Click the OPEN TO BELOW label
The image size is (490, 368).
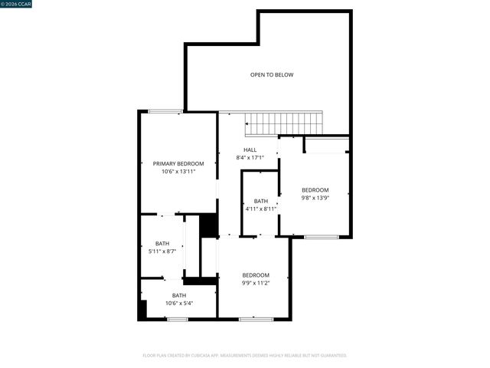[x=272, y=74]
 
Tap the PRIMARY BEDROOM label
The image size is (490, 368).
[x=178, y=163]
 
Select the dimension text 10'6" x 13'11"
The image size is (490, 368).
[x=178, y=172]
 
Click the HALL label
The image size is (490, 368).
[x=250, y=149]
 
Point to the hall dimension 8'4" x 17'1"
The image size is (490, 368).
[x=250, y=158]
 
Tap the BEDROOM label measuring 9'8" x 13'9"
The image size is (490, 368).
[x=315, y=190]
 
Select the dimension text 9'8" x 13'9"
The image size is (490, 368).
[x=315, y=198]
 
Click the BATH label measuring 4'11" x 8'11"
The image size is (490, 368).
[x=261, y=201]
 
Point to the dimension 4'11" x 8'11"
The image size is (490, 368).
[x=261, y=209]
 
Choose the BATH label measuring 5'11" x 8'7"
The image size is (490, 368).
[x=162, y=243]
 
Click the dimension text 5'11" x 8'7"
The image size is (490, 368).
[x=162, y=251]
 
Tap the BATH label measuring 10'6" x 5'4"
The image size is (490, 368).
[x=178, y=295]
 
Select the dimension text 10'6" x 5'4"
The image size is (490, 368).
[x=178, y=303]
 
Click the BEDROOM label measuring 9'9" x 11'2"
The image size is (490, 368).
[x=256, y=275]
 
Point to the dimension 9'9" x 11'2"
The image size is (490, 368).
[x=256, y=283]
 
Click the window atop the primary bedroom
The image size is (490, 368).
[x=164, y=112]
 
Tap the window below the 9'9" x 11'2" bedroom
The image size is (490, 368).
[x=256, y=319]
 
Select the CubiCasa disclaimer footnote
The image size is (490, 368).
[x=245, y=356]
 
